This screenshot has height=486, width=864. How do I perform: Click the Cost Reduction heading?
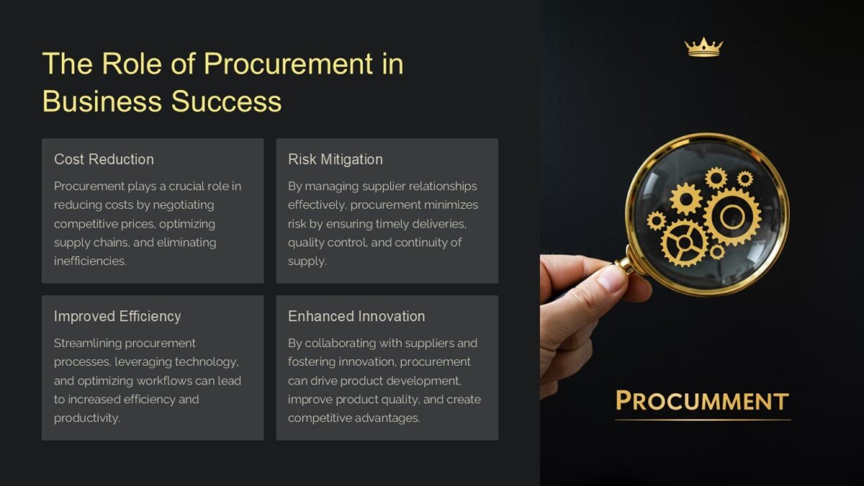104,159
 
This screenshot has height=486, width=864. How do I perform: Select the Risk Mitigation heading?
335,159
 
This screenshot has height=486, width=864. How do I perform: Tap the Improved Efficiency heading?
117,316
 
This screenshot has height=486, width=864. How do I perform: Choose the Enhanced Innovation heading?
356,316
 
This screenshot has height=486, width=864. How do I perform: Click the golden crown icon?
703,48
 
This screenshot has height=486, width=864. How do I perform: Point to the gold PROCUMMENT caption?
702,400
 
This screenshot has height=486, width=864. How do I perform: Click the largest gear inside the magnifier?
732,216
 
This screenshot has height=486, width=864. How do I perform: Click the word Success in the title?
226,101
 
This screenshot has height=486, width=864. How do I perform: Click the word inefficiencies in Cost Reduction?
90,261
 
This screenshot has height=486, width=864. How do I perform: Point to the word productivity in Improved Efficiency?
86,418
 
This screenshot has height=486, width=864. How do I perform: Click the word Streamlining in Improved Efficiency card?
89,343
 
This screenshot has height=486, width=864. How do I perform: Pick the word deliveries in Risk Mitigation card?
440,223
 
